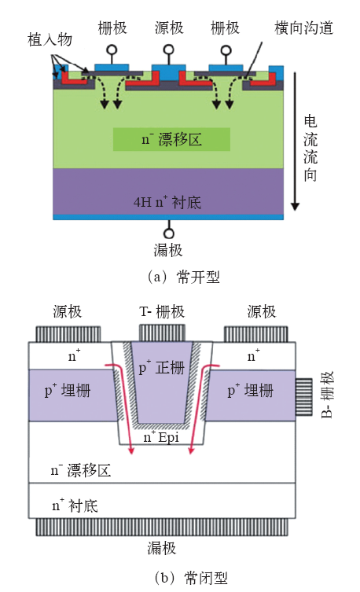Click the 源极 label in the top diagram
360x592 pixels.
[x=169, y=28]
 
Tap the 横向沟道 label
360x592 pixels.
[x=303, y=28]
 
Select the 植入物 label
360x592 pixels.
[x=50, y=39]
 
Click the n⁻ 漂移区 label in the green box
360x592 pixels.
[x=171, y=139]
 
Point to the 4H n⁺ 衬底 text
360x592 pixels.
[x=167, y=202]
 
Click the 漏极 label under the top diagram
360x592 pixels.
[x=168, y=250]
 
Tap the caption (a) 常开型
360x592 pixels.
[x=184, y=277]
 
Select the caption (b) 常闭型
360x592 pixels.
[x=191, y=578]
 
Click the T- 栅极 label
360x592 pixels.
[x=162, y=312]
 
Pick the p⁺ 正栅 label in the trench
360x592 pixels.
[x=161, y=367]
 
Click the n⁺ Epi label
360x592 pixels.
[x=161, y=437]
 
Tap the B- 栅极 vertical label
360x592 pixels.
[x=327, y=395]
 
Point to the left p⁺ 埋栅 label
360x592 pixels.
[x=68, y=391]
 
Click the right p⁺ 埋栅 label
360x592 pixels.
[x=251, y=391]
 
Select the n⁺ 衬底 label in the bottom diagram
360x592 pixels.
[x=75, y=506]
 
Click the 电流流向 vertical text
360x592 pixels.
[x=310, y=149]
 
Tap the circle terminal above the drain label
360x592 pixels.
[x=169, y=233]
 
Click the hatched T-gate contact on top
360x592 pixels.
[x=162, y=333]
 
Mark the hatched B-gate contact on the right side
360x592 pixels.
[x=303, y=397]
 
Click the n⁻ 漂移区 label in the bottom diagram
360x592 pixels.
[x=81, y=470]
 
